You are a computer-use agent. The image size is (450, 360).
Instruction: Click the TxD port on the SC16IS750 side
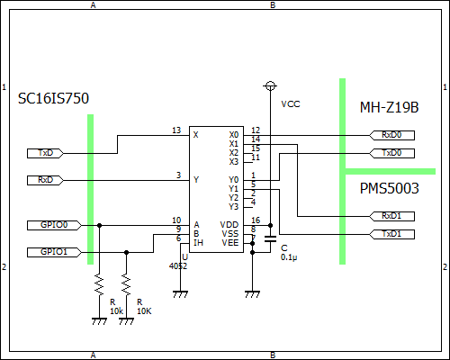click(x=45, y=153)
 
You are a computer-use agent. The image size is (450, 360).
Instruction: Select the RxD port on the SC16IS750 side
click(x=45, y=180)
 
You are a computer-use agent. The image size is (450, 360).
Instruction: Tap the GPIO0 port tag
click(x=54, y=225)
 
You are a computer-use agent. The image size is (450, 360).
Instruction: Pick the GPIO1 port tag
click(x=54, y=252)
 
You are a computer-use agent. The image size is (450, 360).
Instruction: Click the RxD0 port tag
click(x=391, y=135)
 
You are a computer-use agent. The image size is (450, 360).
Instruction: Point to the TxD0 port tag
click(x=391, y=153)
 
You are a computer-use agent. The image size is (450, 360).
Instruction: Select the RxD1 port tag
click(x=391, y=216)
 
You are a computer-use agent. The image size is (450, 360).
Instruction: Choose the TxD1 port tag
click(x=391, y=234)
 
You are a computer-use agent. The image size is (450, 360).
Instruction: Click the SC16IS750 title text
click(x=53, y=98)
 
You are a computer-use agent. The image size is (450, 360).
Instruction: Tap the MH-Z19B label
click(x=389, y=107)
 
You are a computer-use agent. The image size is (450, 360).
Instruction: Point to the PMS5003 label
click(x=389, y=188)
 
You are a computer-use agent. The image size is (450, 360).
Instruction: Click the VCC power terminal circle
click(x=270, y=86)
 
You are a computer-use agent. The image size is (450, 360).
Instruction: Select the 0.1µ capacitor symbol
click(x=270, y=238)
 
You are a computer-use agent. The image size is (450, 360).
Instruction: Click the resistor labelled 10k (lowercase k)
click(x=99, y=284)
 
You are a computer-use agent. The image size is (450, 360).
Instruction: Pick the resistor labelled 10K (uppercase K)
click(x=126, y=284)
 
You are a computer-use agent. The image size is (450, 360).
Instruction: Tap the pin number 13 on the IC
click(x=176, y=130)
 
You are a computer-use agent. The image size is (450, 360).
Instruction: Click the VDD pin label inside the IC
click(x=229, y=225)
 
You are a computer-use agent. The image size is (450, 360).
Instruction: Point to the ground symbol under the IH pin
click(x=180, y=294)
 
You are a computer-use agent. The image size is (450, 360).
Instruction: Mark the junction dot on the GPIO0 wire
click(x=99, y=225)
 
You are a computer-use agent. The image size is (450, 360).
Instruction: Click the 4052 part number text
click(x=178, y=266)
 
